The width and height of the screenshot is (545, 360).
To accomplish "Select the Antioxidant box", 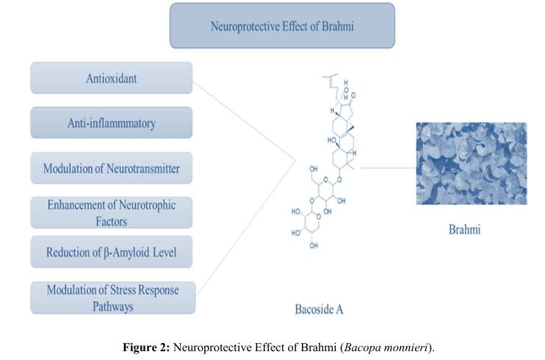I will point(111,77).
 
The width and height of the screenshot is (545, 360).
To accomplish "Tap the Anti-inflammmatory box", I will point(111,123).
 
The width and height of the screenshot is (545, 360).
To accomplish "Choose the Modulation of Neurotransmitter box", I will point(111,168).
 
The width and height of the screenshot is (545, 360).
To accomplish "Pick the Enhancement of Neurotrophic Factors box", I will point(111,212).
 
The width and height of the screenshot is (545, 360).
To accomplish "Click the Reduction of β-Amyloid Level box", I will point(111,253).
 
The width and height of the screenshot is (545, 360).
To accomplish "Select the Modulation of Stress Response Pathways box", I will point(111,297).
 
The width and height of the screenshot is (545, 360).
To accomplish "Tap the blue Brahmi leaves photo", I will point(471,163).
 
